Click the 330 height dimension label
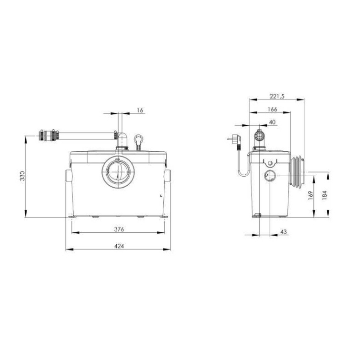pyautogui.click(x=22, y=176)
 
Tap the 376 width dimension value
pyautogui.click(x=119, y=229)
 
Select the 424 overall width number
pyautogui.click(x=119, y=246)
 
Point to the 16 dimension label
pyautogui.click(x=140, y=110)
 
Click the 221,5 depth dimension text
pyautogui.click(x=277, y=97)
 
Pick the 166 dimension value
pyautogui.click(x=272, y=109)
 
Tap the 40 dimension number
pyautogui.click(x=272, y=122)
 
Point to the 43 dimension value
pyautogui.click(x=283, y=231)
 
